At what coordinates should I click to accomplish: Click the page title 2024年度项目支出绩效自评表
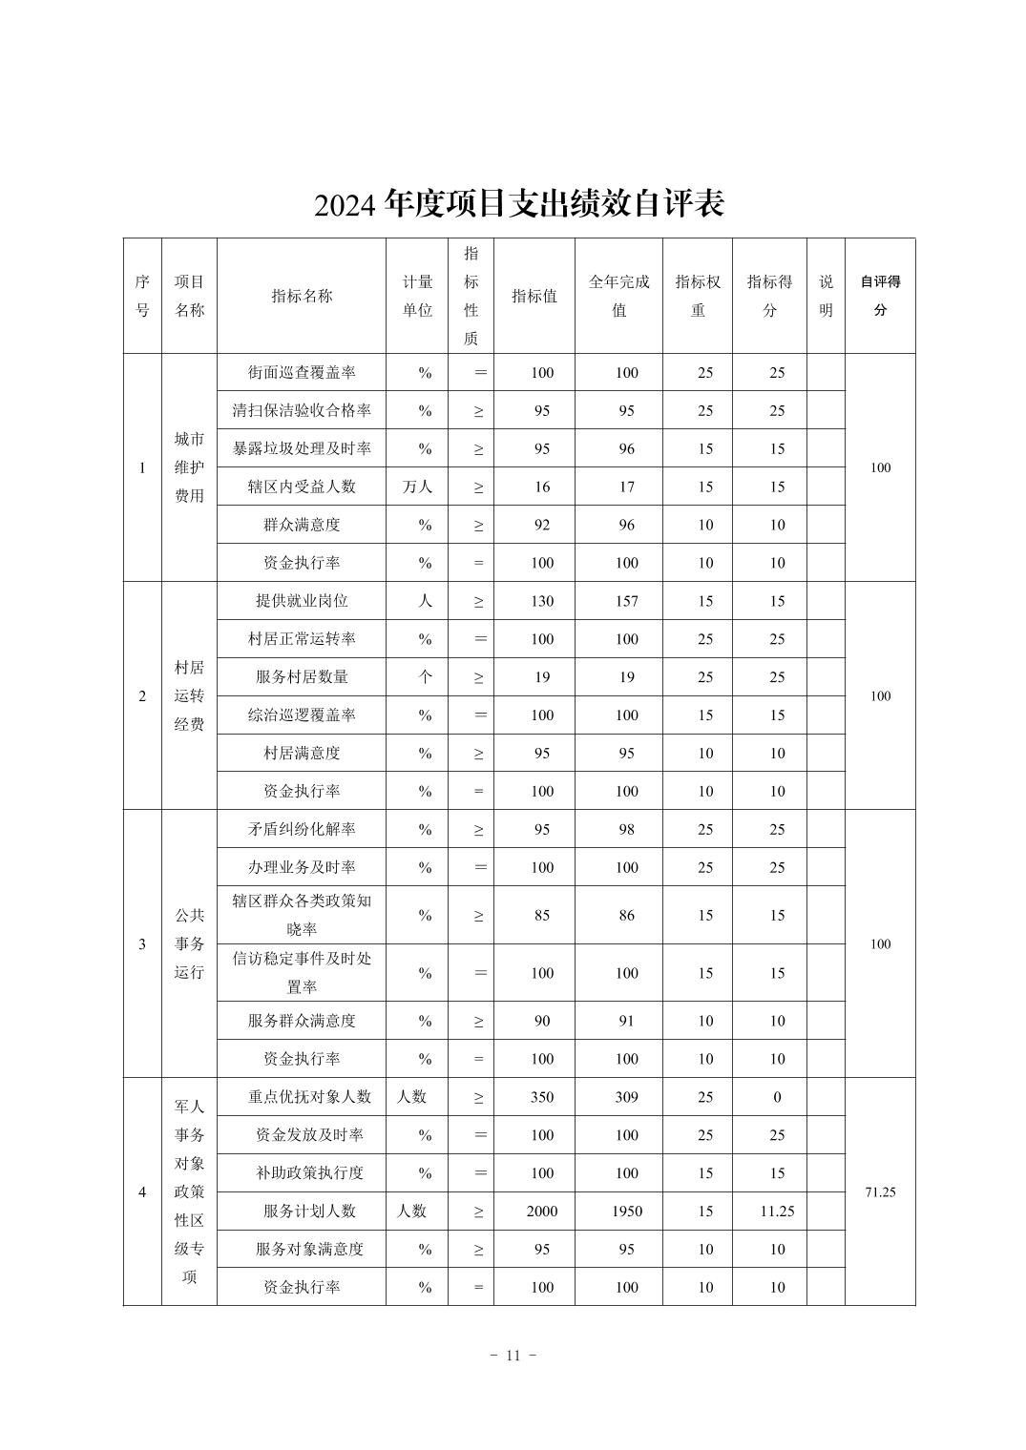click(x=519, y=203)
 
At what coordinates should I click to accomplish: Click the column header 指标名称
click(x=302, y=296)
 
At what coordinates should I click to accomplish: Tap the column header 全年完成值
click(x=618, y=296)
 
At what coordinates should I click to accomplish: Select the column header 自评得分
click(x=880, y=296)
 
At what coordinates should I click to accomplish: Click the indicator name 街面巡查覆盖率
click(x=302, y=373)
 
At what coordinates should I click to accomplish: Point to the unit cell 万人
click(x=416, y=487)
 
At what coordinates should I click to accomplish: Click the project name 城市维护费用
click(x=189, y=467)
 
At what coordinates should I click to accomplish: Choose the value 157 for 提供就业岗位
click(x=626, y=601)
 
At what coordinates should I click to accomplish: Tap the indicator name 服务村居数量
click(x=302, y=677)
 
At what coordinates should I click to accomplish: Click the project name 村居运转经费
click(x=189, y=695)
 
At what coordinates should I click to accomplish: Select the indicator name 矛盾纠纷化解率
click(x=302, y=830)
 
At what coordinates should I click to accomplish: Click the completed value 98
click(x=626, y=830)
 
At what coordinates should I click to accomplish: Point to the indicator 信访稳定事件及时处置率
click(x=302, y=972)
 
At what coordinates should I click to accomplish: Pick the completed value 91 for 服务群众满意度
click(x=626, y=1021)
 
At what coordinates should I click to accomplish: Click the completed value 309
click(x=626, y=1097)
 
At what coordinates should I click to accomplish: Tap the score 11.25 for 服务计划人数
click(x=777, y=1212)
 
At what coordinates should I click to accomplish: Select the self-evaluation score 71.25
click(x=880, y=1192)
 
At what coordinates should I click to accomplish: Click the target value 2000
click(x=541, y=1212)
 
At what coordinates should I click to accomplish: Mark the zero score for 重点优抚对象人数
click(x=777, y=1097)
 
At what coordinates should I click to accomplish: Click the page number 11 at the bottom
click(x=513, y=1356)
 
